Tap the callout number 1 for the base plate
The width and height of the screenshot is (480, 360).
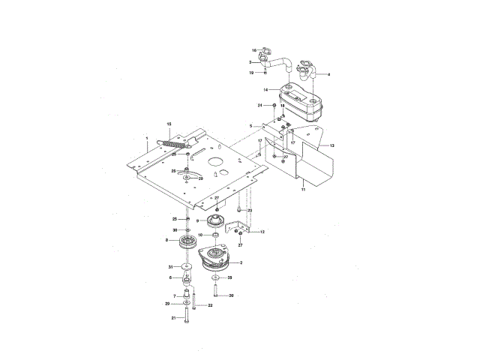147,139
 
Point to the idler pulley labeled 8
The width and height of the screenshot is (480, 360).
185,244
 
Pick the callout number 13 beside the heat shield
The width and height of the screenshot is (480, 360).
332,144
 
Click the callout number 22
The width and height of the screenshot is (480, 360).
211,306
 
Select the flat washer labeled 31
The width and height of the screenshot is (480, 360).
186,268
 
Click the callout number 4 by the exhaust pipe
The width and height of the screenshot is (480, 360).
328,75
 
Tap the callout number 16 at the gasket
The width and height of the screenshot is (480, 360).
254,50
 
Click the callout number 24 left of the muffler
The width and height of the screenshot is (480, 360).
260,106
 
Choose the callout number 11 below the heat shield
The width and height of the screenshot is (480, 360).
304,192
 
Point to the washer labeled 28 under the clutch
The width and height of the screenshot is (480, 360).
216,278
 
